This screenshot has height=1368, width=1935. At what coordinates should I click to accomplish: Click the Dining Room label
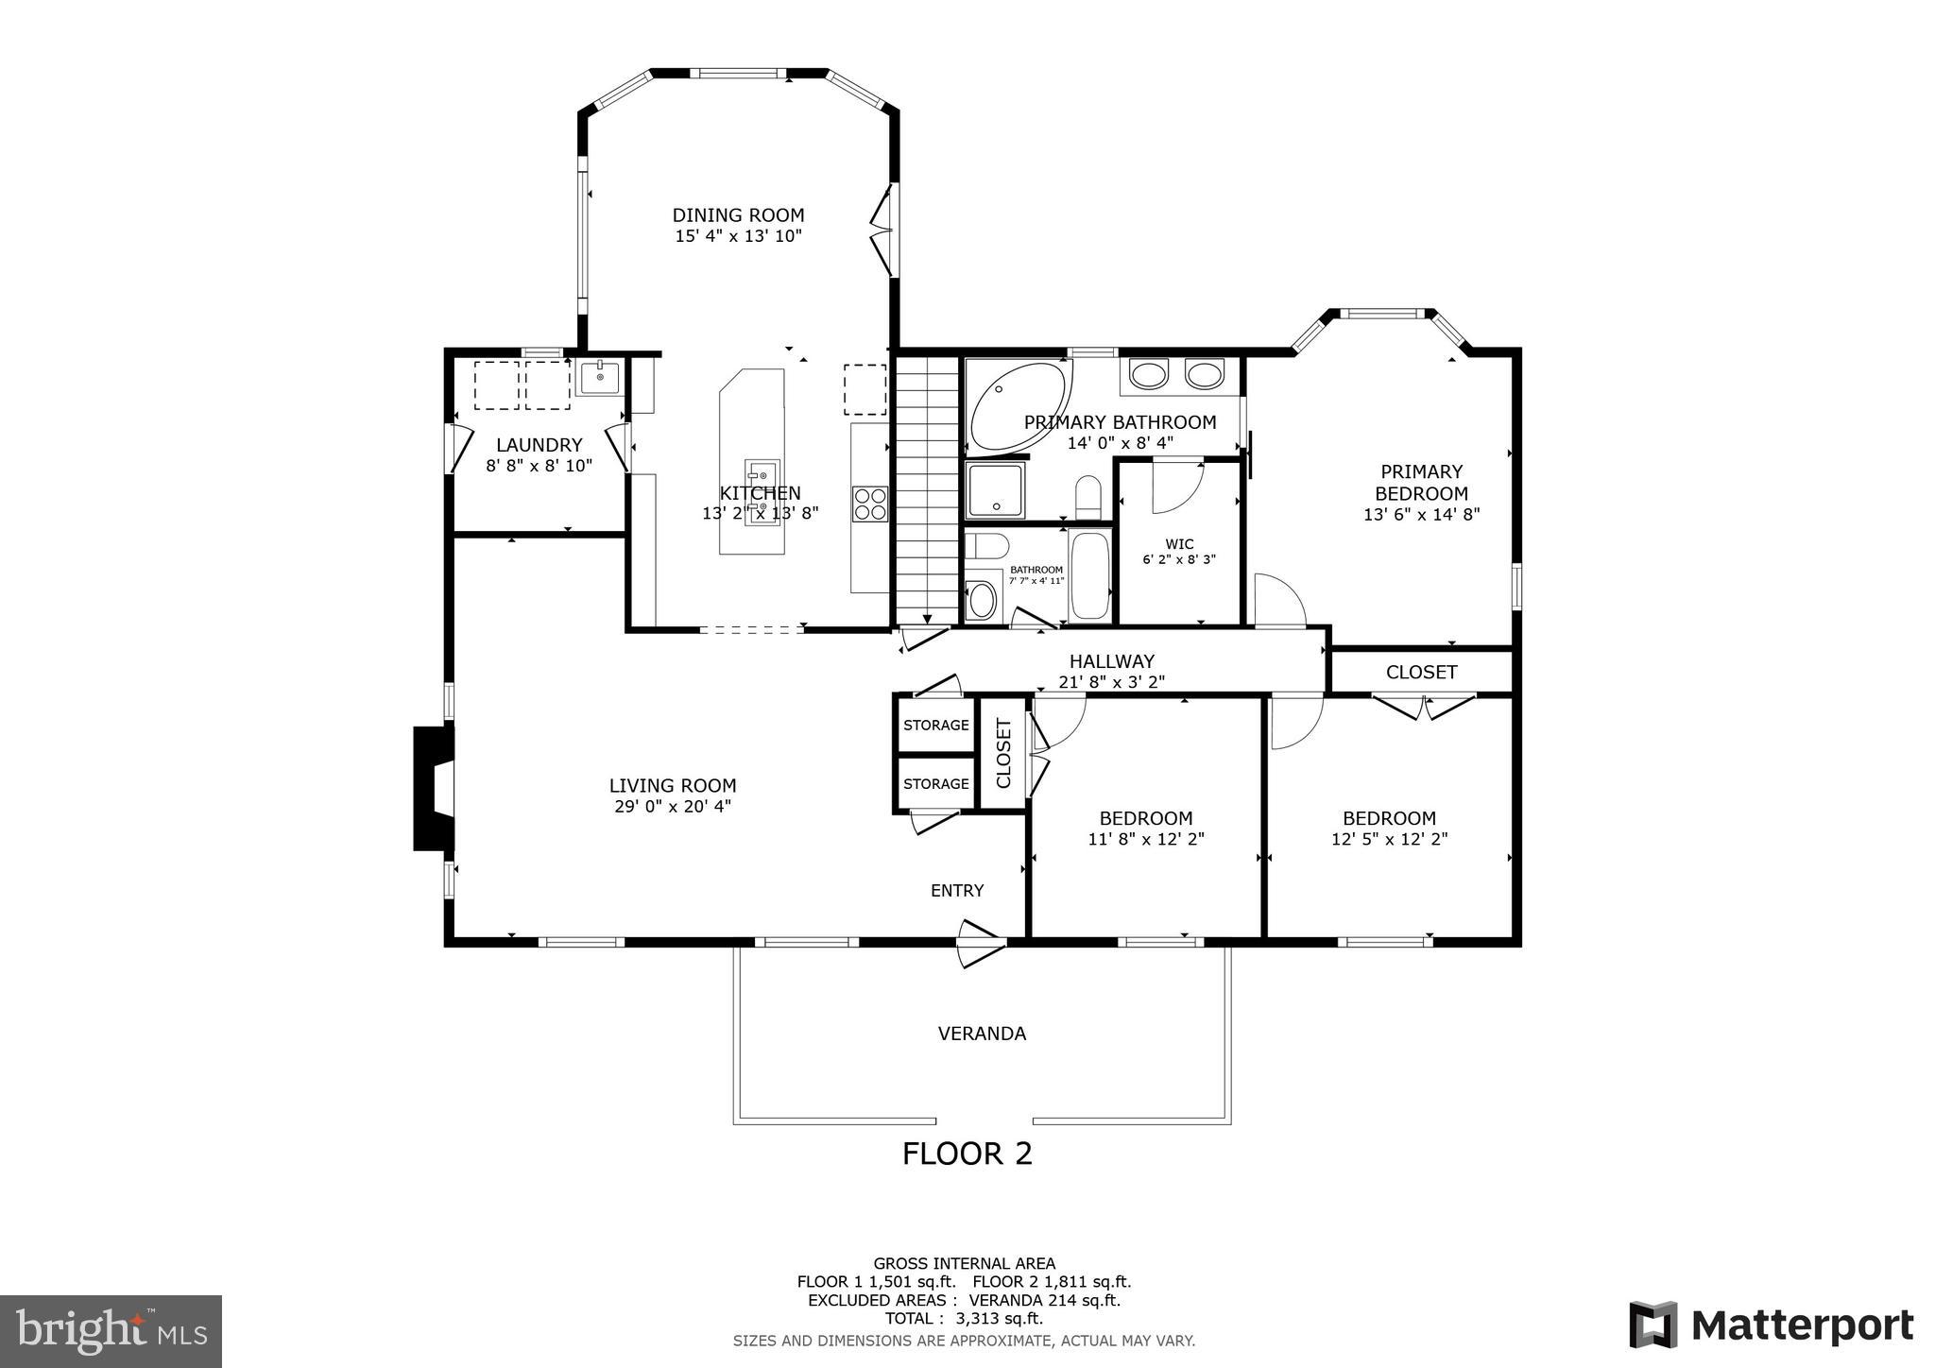coord(738,215)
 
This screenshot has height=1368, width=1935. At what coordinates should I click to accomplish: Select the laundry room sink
coord(599,377)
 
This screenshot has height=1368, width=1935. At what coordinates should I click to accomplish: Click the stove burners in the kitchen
coord(869,504)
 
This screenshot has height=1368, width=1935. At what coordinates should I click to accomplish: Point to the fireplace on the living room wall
coord(434,788)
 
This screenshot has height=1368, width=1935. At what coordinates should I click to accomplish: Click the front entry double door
coord(979,942)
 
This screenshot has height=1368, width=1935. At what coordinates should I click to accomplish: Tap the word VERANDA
coord(982,1034)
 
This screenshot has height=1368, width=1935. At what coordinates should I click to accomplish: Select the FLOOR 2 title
coord(967,1154)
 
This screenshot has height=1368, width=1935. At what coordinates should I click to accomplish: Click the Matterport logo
coord(1771,1325)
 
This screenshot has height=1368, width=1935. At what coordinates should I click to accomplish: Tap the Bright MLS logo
coord(111,1331)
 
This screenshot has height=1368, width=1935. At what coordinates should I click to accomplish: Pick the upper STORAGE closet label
coord(935,726)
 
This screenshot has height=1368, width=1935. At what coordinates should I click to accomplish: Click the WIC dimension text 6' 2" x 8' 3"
coord(1178,559)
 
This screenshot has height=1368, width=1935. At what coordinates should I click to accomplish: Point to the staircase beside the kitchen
coord(927,491)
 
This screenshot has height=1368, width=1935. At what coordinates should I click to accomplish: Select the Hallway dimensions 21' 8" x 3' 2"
coord(1111,681)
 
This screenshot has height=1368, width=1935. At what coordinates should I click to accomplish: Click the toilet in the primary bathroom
coord(1088,498)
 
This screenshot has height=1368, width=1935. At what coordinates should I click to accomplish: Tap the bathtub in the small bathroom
coord(1090,575)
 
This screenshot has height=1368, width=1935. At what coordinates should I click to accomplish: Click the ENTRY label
coord(957,891)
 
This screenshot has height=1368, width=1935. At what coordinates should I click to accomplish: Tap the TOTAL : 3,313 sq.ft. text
coord(964,1319)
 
